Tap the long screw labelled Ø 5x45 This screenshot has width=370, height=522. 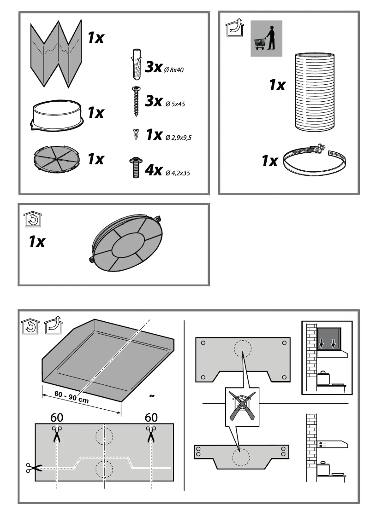136,101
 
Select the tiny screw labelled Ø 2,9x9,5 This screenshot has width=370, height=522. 136,135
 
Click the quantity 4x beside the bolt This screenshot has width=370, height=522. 153,170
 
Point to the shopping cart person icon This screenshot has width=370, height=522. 266,39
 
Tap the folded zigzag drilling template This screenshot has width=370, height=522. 56,53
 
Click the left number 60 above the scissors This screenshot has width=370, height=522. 57,418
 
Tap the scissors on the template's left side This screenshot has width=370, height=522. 33,468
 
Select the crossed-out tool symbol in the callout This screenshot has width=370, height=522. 242,406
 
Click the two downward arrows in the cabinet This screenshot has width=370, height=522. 327,343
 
